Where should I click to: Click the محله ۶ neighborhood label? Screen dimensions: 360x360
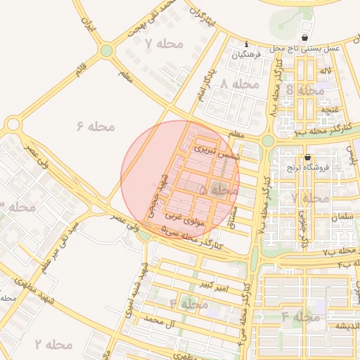tap(95, 127)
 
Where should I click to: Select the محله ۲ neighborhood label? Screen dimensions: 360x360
tap(53, 345)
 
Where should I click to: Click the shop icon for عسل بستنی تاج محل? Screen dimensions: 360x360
tap(304, 37)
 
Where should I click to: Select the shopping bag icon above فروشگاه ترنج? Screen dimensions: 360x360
tap(308, 157)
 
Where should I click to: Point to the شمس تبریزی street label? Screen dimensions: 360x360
tap(217, 152)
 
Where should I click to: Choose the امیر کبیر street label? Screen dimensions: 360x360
tap(213, 285)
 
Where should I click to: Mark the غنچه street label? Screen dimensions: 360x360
tap(328, 110)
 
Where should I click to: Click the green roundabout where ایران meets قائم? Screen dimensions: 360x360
tap(106, 51)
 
